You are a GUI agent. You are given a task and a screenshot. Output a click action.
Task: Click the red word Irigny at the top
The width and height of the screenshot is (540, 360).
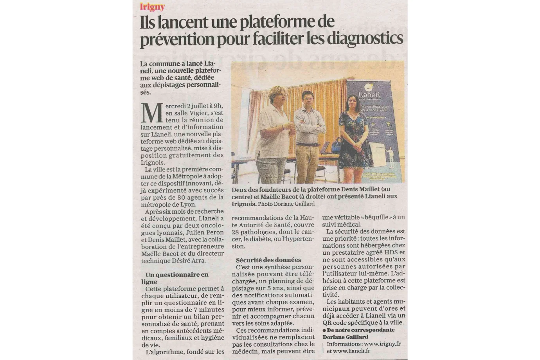[x=152, y=7]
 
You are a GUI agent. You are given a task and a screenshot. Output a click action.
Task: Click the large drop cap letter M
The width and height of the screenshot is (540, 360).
[x=152, y=113]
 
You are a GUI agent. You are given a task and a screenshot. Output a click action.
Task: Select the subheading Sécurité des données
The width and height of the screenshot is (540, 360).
[x=268, y=260]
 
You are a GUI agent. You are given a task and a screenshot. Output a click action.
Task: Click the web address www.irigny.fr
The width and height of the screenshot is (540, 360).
[x=382, y=344]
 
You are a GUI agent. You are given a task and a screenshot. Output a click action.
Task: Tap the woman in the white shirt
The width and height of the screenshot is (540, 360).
[x=275, y=133]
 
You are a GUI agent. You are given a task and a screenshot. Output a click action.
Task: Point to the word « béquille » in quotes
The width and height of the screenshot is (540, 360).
[x=367, y=217]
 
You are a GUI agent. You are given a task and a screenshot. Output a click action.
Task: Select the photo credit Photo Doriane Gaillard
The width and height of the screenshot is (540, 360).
[x=286, y=204]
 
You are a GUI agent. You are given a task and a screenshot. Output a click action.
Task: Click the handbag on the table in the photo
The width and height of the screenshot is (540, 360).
[x=337, y=147]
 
